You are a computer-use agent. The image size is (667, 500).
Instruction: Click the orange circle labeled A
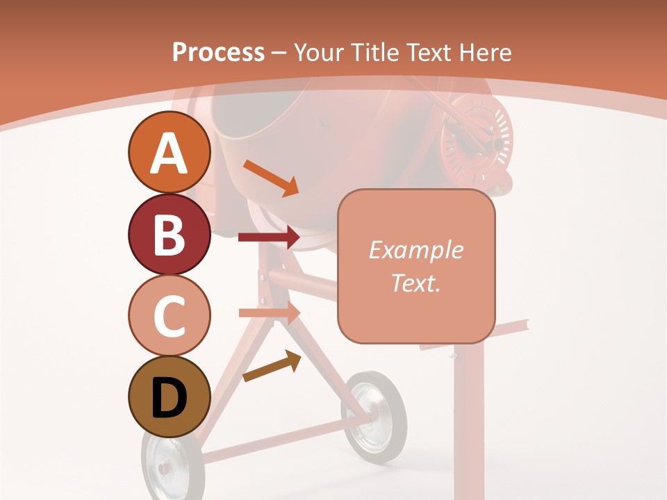[x=169, y=153]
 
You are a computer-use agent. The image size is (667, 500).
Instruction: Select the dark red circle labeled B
[x=169, y=234]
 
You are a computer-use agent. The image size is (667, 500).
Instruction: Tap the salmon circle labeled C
[x=169, y=315]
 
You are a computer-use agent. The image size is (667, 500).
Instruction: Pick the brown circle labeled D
[x=169, y=397]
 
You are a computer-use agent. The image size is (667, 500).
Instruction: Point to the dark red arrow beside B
[x=269, y=237]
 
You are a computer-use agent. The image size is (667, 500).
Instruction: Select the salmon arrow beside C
[x=270, y=312]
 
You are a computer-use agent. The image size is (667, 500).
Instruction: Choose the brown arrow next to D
[x=272, y=367]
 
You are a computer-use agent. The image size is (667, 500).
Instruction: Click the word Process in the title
[x=218, y=52]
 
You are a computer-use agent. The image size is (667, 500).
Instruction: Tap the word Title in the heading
[x=373, y=52]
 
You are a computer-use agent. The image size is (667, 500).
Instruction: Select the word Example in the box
[x=415, y=250]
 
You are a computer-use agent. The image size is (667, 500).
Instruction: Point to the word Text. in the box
[x=415, y=283]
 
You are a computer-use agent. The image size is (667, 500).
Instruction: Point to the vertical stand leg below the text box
[x=468, y=417]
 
